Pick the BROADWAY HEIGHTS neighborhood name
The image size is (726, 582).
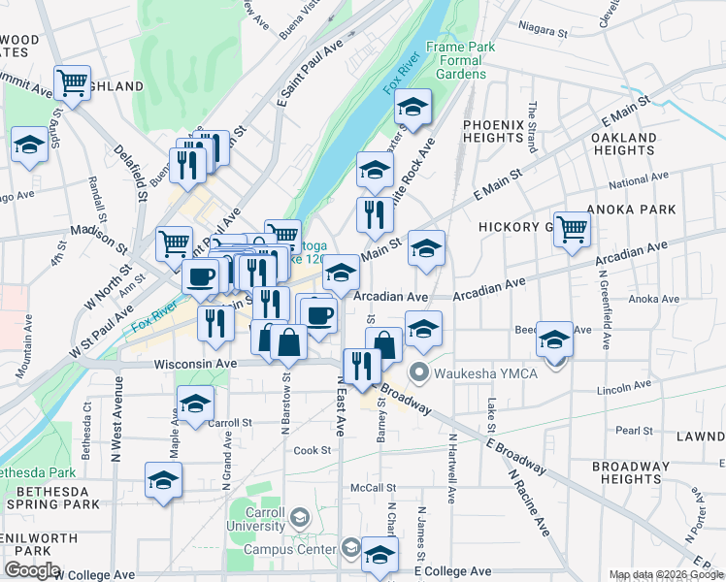631,472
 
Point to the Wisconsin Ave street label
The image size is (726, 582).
195,364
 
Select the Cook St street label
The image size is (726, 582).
313,450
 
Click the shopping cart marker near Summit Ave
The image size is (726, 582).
73,83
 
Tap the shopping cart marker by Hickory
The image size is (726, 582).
572,229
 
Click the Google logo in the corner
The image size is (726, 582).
32,570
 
